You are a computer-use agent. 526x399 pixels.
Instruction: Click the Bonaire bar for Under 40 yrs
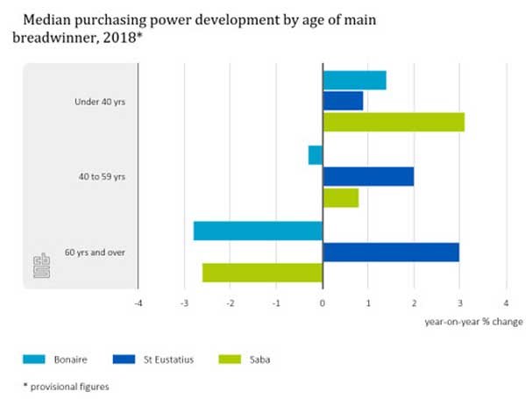coord(354,80)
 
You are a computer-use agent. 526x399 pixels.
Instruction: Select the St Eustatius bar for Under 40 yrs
coord(343,101)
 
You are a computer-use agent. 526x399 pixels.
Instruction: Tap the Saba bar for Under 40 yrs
coord(394,121)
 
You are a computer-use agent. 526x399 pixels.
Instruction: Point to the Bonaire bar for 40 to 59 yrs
coord(316,155)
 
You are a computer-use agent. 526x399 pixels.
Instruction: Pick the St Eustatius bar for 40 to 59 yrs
coord(368,176)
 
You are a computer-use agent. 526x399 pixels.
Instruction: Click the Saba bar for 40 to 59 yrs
coord(341,197)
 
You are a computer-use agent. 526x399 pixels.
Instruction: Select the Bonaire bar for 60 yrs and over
coord(258,231)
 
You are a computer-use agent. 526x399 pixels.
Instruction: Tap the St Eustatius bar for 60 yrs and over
coord(391,252)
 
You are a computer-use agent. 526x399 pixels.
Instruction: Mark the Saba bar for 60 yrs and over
coord(262,273)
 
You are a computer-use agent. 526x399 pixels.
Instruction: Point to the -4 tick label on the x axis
coord(138,303)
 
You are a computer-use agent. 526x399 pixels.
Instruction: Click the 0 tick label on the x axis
coord(323,303)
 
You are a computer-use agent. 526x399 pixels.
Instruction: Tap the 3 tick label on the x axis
coord(460,303)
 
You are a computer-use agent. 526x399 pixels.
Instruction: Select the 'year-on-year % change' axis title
coord(473,321)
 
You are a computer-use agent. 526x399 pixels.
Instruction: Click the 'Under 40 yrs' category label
coord(100,102)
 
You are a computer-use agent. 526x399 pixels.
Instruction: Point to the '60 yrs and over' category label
coord(95,253)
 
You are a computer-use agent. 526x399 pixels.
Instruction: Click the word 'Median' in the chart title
coord(49,17)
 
